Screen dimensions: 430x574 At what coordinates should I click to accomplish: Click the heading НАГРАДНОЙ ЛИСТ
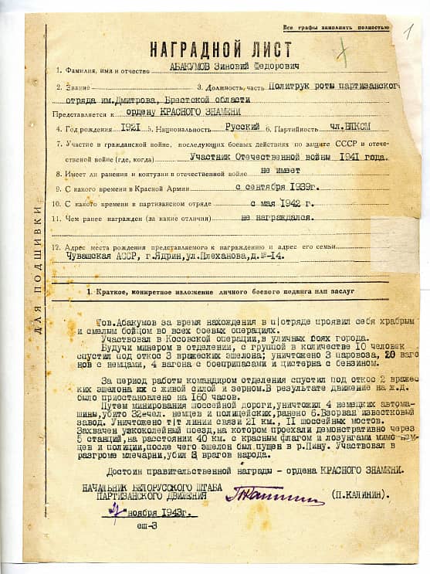[220, 49]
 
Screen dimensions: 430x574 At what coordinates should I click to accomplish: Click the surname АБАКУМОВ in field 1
[195, 69]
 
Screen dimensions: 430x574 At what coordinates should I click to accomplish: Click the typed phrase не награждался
[277, 218]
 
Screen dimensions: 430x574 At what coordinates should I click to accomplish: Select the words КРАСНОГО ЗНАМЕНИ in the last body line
[354, 470]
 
